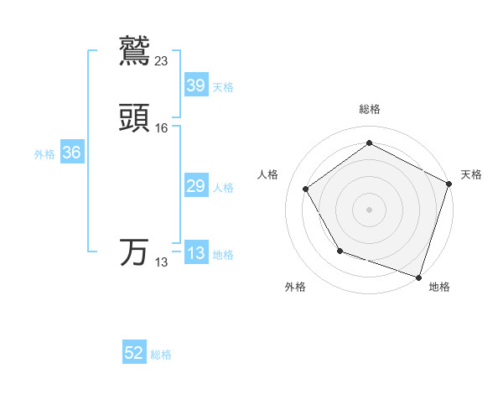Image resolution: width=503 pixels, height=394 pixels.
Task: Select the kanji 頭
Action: [x=135, y=119]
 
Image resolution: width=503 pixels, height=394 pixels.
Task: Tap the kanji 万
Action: [x=135, y=252]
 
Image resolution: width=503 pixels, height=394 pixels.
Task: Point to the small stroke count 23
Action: [x=162, y=60]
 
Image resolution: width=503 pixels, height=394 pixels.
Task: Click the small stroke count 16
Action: [x=162, y=128]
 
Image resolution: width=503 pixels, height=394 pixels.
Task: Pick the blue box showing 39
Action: [x=195, y=85]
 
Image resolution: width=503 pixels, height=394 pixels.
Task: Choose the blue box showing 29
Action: [x=195, y=186]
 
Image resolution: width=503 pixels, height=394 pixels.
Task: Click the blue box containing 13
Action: [x=195, y=253]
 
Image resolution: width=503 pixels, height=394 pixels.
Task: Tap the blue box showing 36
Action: [x=71, y=153]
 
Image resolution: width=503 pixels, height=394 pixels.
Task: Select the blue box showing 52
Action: [x=134, y=353]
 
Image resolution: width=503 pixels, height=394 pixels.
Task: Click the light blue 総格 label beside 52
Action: [x=161, y=355]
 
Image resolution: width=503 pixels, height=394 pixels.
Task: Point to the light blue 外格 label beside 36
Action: [x=44, y=154]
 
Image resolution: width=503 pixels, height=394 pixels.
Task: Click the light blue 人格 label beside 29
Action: [x=223, y=188]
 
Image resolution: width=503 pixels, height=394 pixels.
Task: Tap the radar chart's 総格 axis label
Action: [x=369, y=110]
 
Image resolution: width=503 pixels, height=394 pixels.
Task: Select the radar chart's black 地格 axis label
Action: [x=439, y=288]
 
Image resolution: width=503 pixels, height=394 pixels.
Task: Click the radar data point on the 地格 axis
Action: [x=418, y=277]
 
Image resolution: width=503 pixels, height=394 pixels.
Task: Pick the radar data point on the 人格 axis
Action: [x=305, y=189]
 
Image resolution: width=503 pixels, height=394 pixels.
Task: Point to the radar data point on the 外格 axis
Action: [x=340, y=251]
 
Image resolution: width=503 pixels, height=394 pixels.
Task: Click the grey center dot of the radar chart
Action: [x=369, y=209]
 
